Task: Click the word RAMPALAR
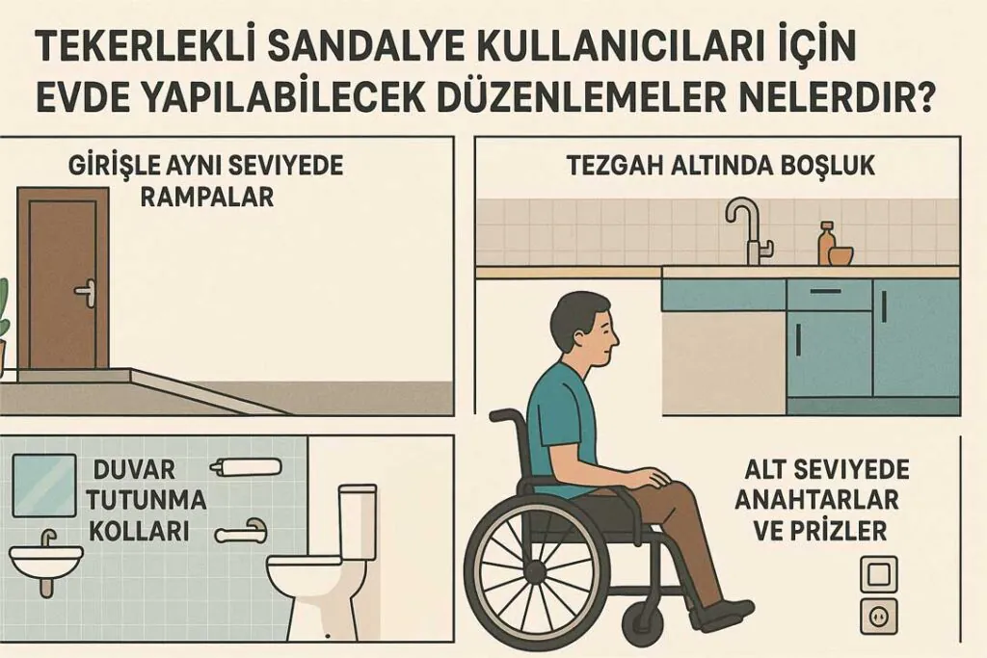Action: point(206,197)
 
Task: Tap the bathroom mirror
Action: point(43,486)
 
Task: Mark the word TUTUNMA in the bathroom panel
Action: point(154,500)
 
